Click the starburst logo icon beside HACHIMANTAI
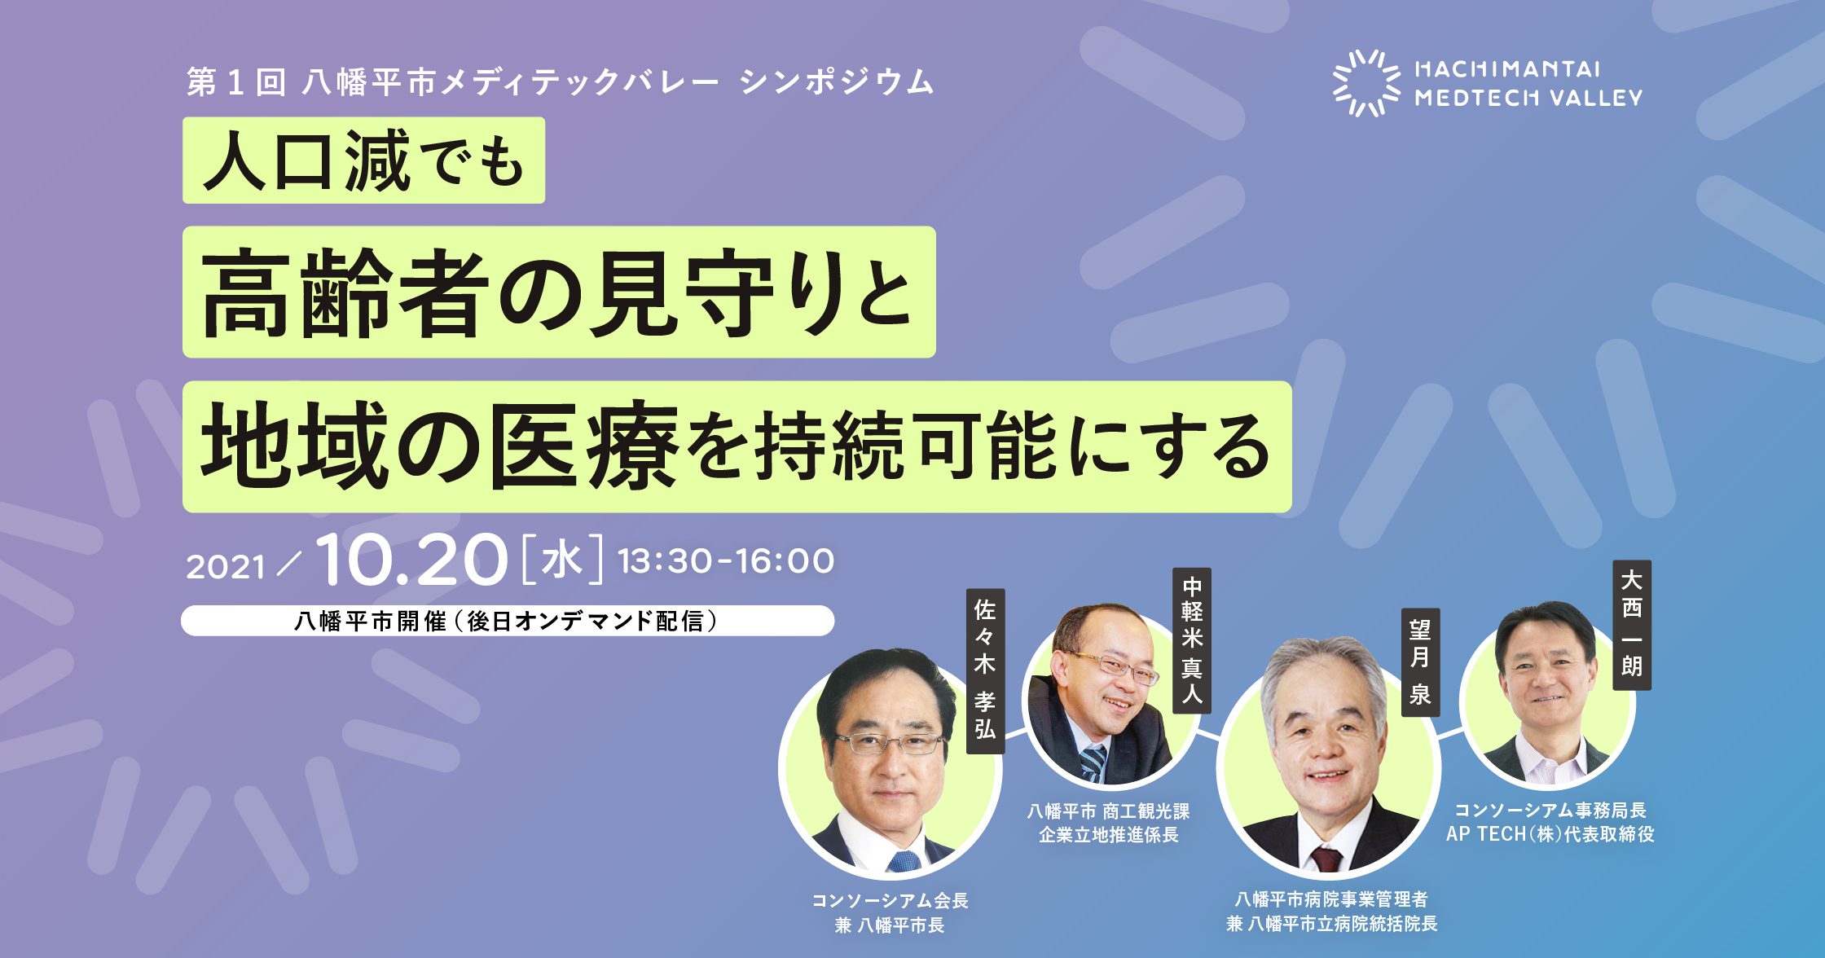(x=1366, y=83)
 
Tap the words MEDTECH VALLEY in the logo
(x=1528, y=98)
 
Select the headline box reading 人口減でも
(x=363, y=160)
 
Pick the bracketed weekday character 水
(x=562, y=560)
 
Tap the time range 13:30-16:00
(x=726, y=561)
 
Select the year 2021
(x=226, y=567)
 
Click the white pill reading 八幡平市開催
(x=507, y=621)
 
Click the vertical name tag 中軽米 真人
(x=1192, y=640)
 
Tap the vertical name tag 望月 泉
(x=1420, y=662)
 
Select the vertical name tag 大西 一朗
(x=1632, y=625)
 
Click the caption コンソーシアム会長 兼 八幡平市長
(x=890, y=912)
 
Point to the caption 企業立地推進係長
(x=1108, y=835)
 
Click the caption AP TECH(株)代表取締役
(x=1550, y=834)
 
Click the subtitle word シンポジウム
(x=837, y=82)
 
